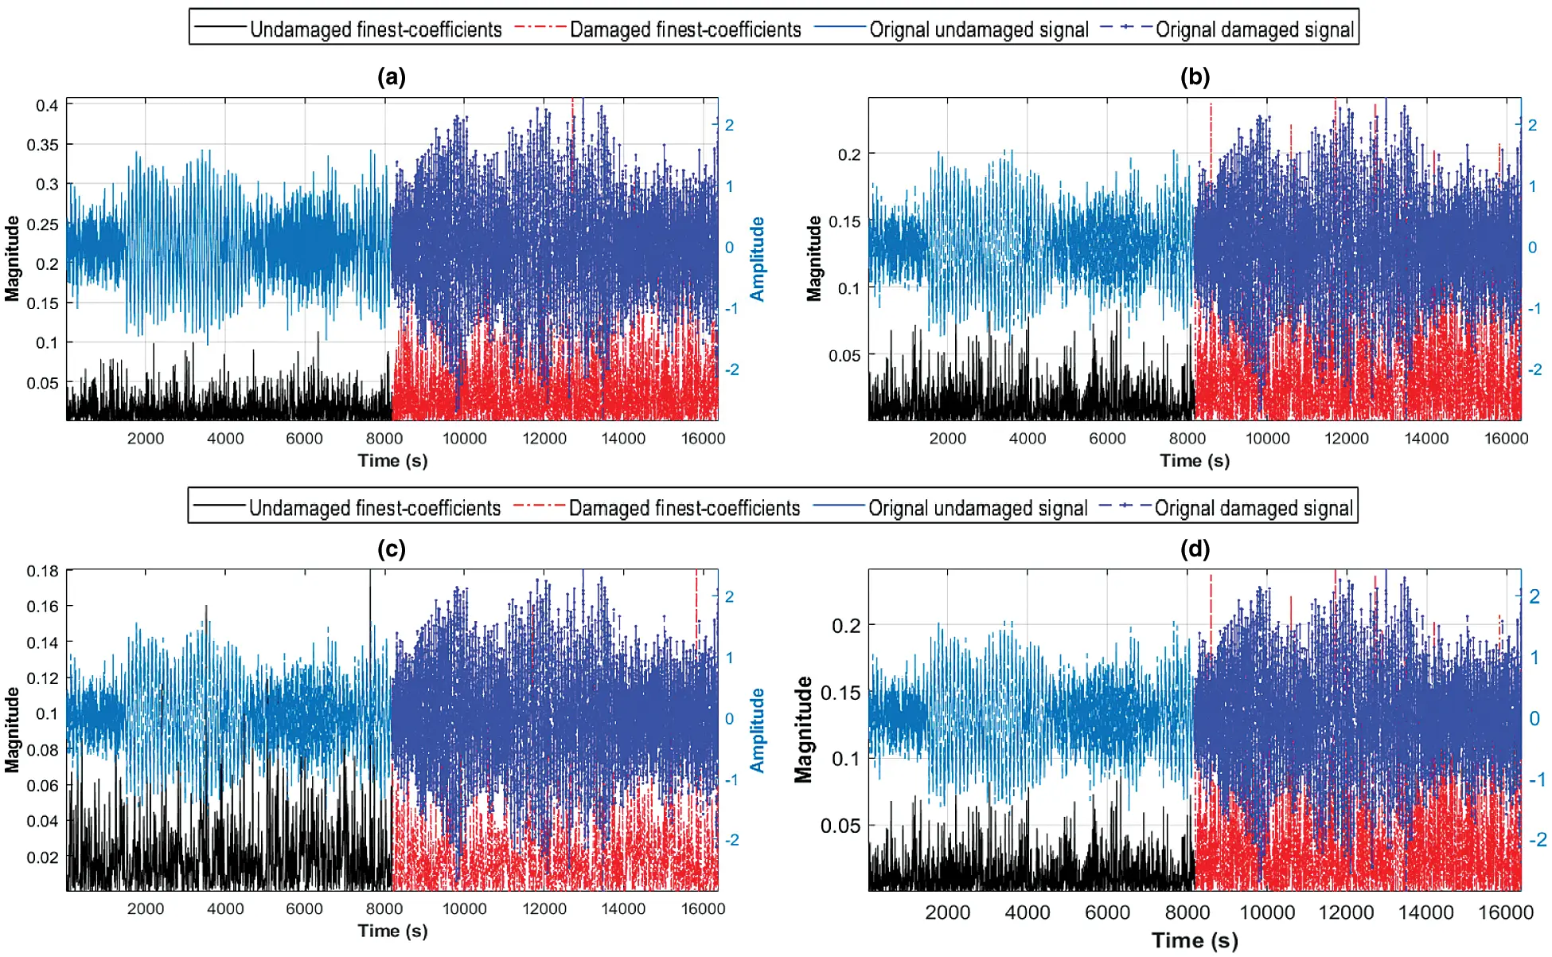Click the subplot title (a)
(x=392, y=77)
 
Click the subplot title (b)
(x=1195, y=77)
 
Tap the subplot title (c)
(x=392, y=549)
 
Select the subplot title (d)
(x=1195, y=549)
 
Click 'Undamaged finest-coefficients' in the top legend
(x=375, y=30)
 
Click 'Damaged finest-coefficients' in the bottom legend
(x=684, y=509)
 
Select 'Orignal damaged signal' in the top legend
(x=1254, y=30)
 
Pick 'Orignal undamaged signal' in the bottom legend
(x=977, y=509)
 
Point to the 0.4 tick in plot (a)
(x=47, y=106)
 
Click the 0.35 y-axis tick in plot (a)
(x=43, y=145)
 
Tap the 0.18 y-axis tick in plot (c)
(x=43, y=571)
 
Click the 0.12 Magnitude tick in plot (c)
(x=43, y=678)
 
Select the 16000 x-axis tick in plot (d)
(x=1505, y=913)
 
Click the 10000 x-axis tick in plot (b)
(x=1267, y=439)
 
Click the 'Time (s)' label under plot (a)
(x=392, y=461)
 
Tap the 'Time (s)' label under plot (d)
(x=1195, y=940)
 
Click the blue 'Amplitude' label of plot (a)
(x=757, y=260)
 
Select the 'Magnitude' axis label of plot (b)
(x=813, y=259)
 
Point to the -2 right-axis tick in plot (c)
(x=731, y=840)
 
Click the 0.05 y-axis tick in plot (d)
(x=840, y=826)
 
